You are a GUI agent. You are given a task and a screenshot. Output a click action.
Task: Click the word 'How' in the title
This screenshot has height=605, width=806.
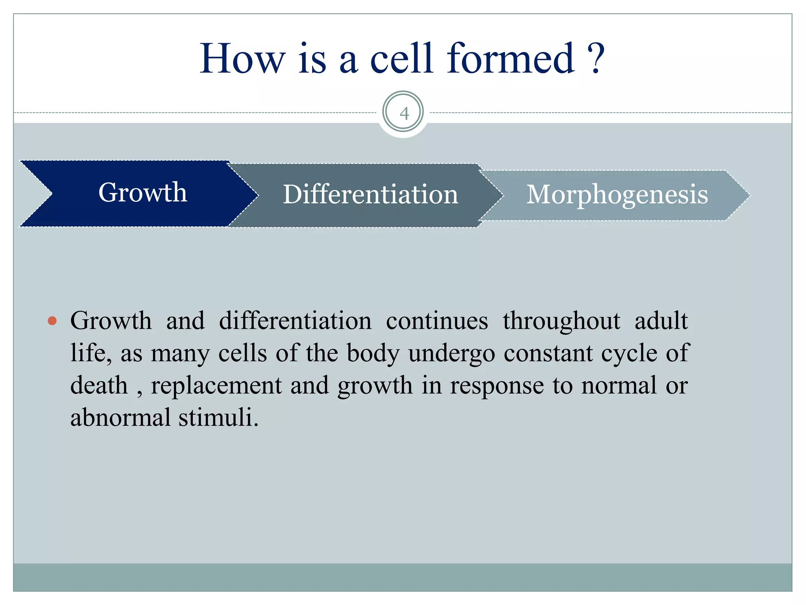click(x=242, y=59)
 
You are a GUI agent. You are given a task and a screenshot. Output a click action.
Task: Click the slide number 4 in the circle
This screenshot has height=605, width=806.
click(x=404, y=113)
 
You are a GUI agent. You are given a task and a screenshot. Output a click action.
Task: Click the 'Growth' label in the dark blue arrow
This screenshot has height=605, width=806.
click(x=142, y=193)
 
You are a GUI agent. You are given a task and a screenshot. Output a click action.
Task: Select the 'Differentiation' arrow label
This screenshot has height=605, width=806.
click(x=370, y=194)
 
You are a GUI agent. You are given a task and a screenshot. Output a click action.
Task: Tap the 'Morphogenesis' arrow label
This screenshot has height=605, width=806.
click(x=617, y=194)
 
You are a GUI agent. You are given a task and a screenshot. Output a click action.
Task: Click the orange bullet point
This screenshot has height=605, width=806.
click(x=52, y=321)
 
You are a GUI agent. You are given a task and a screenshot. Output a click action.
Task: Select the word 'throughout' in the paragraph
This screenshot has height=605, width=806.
click(x=561, y=321)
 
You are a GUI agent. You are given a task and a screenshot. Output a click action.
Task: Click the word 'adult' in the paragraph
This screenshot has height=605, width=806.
click(x=661, y=321)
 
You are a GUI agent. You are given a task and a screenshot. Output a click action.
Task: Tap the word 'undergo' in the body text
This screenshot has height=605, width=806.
click(x=451, y=353)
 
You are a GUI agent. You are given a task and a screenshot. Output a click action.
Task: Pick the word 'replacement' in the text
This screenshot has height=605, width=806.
click(x=216, y=386)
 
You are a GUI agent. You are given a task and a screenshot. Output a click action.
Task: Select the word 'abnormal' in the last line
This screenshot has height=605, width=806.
click(x=120, y=418)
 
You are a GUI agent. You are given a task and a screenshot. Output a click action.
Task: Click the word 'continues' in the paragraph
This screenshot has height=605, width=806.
click(x=437, y=321)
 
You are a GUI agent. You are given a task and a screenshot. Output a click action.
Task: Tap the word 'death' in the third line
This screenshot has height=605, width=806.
click(x=99, y=386)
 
